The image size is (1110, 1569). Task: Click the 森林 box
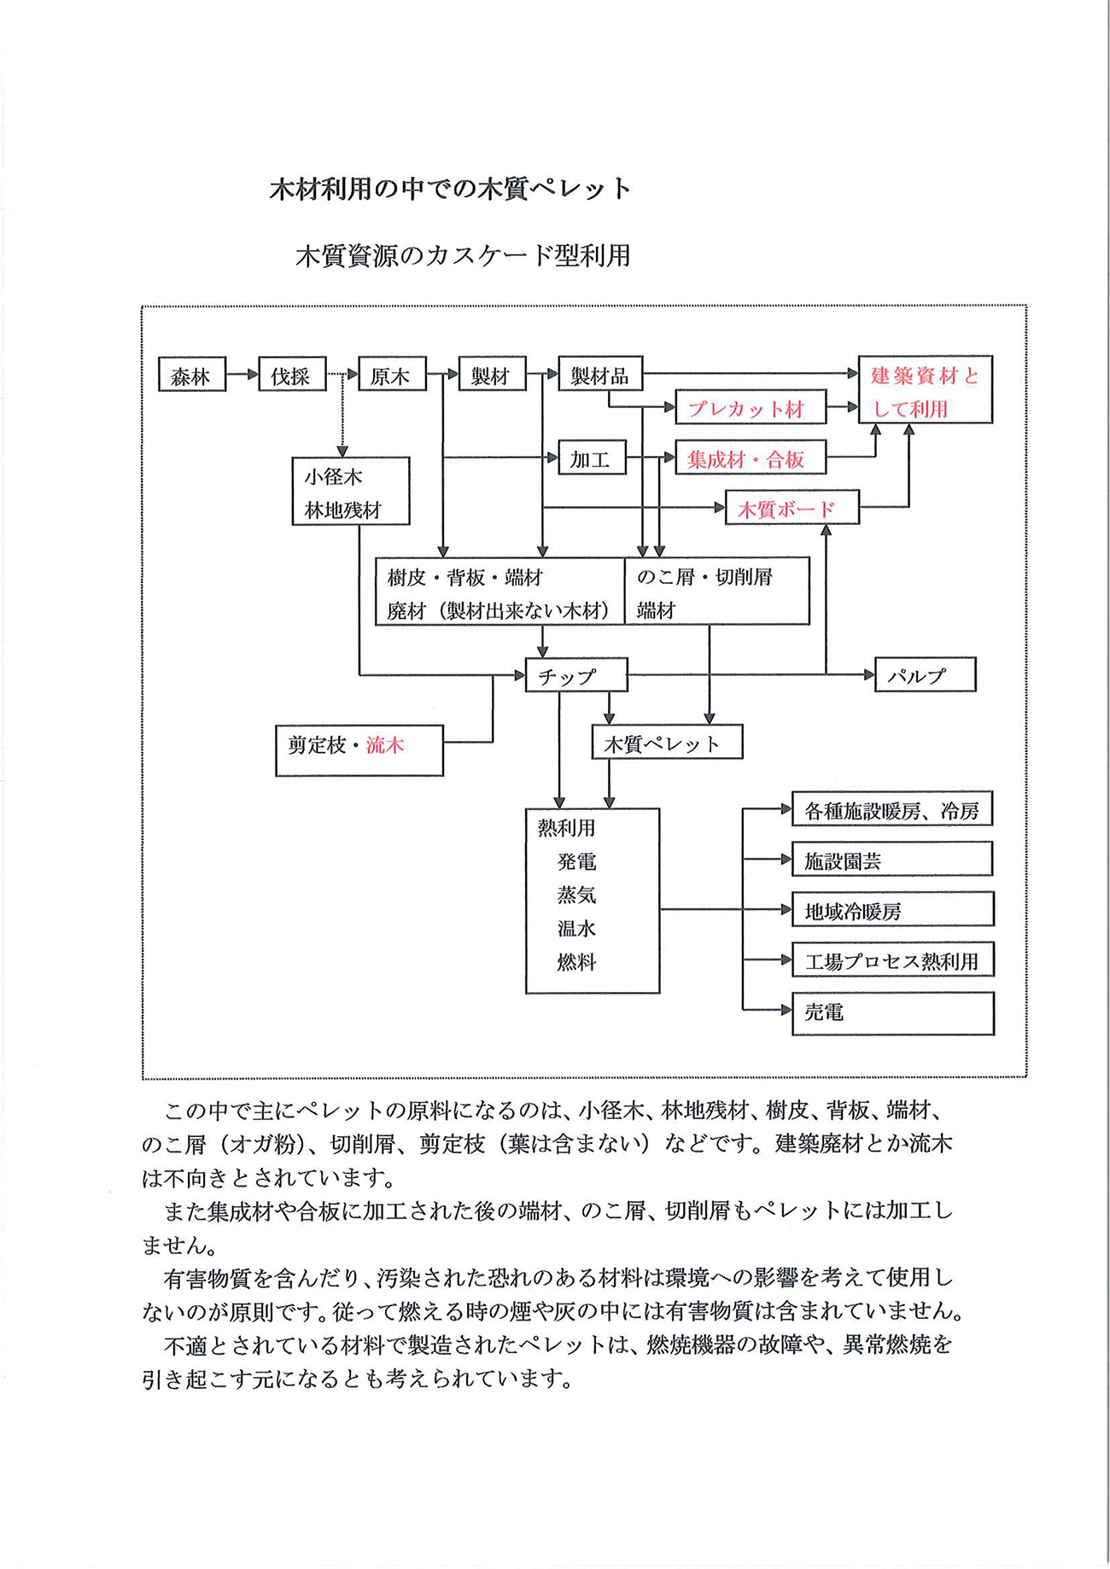click(192, 374)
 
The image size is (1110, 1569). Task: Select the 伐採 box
click(292, 374)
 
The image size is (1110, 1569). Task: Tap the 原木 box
click(392, 374)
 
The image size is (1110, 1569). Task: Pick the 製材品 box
click(600, 374)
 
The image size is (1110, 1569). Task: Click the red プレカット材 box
click(751, 407)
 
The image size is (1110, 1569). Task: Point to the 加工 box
click(592, 458)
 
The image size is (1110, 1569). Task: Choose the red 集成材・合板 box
click(751, 458)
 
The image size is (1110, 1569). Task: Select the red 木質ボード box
click(792, 508)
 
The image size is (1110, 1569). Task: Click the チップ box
click(576, 674)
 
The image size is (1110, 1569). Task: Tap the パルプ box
click(926, 674)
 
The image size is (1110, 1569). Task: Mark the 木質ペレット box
click(667, 742)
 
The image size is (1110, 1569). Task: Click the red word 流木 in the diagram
click(385, 745)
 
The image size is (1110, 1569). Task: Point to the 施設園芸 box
click(892, 859)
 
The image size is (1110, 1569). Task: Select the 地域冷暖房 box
click(893, 909)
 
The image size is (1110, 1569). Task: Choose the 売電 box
click(893, 1013)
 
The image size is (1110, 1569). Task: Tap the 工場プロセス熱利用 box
click(893, 959)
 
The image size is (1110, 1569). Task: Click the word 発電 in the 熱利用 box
click(576, 861)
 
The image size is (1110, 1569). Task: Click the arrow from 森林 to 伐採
click(242, 374)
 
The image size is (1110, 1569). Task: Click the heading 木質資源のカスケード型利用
click(463, 255)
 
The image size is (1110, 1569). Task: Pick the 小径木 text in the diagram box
click(334, 476)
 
